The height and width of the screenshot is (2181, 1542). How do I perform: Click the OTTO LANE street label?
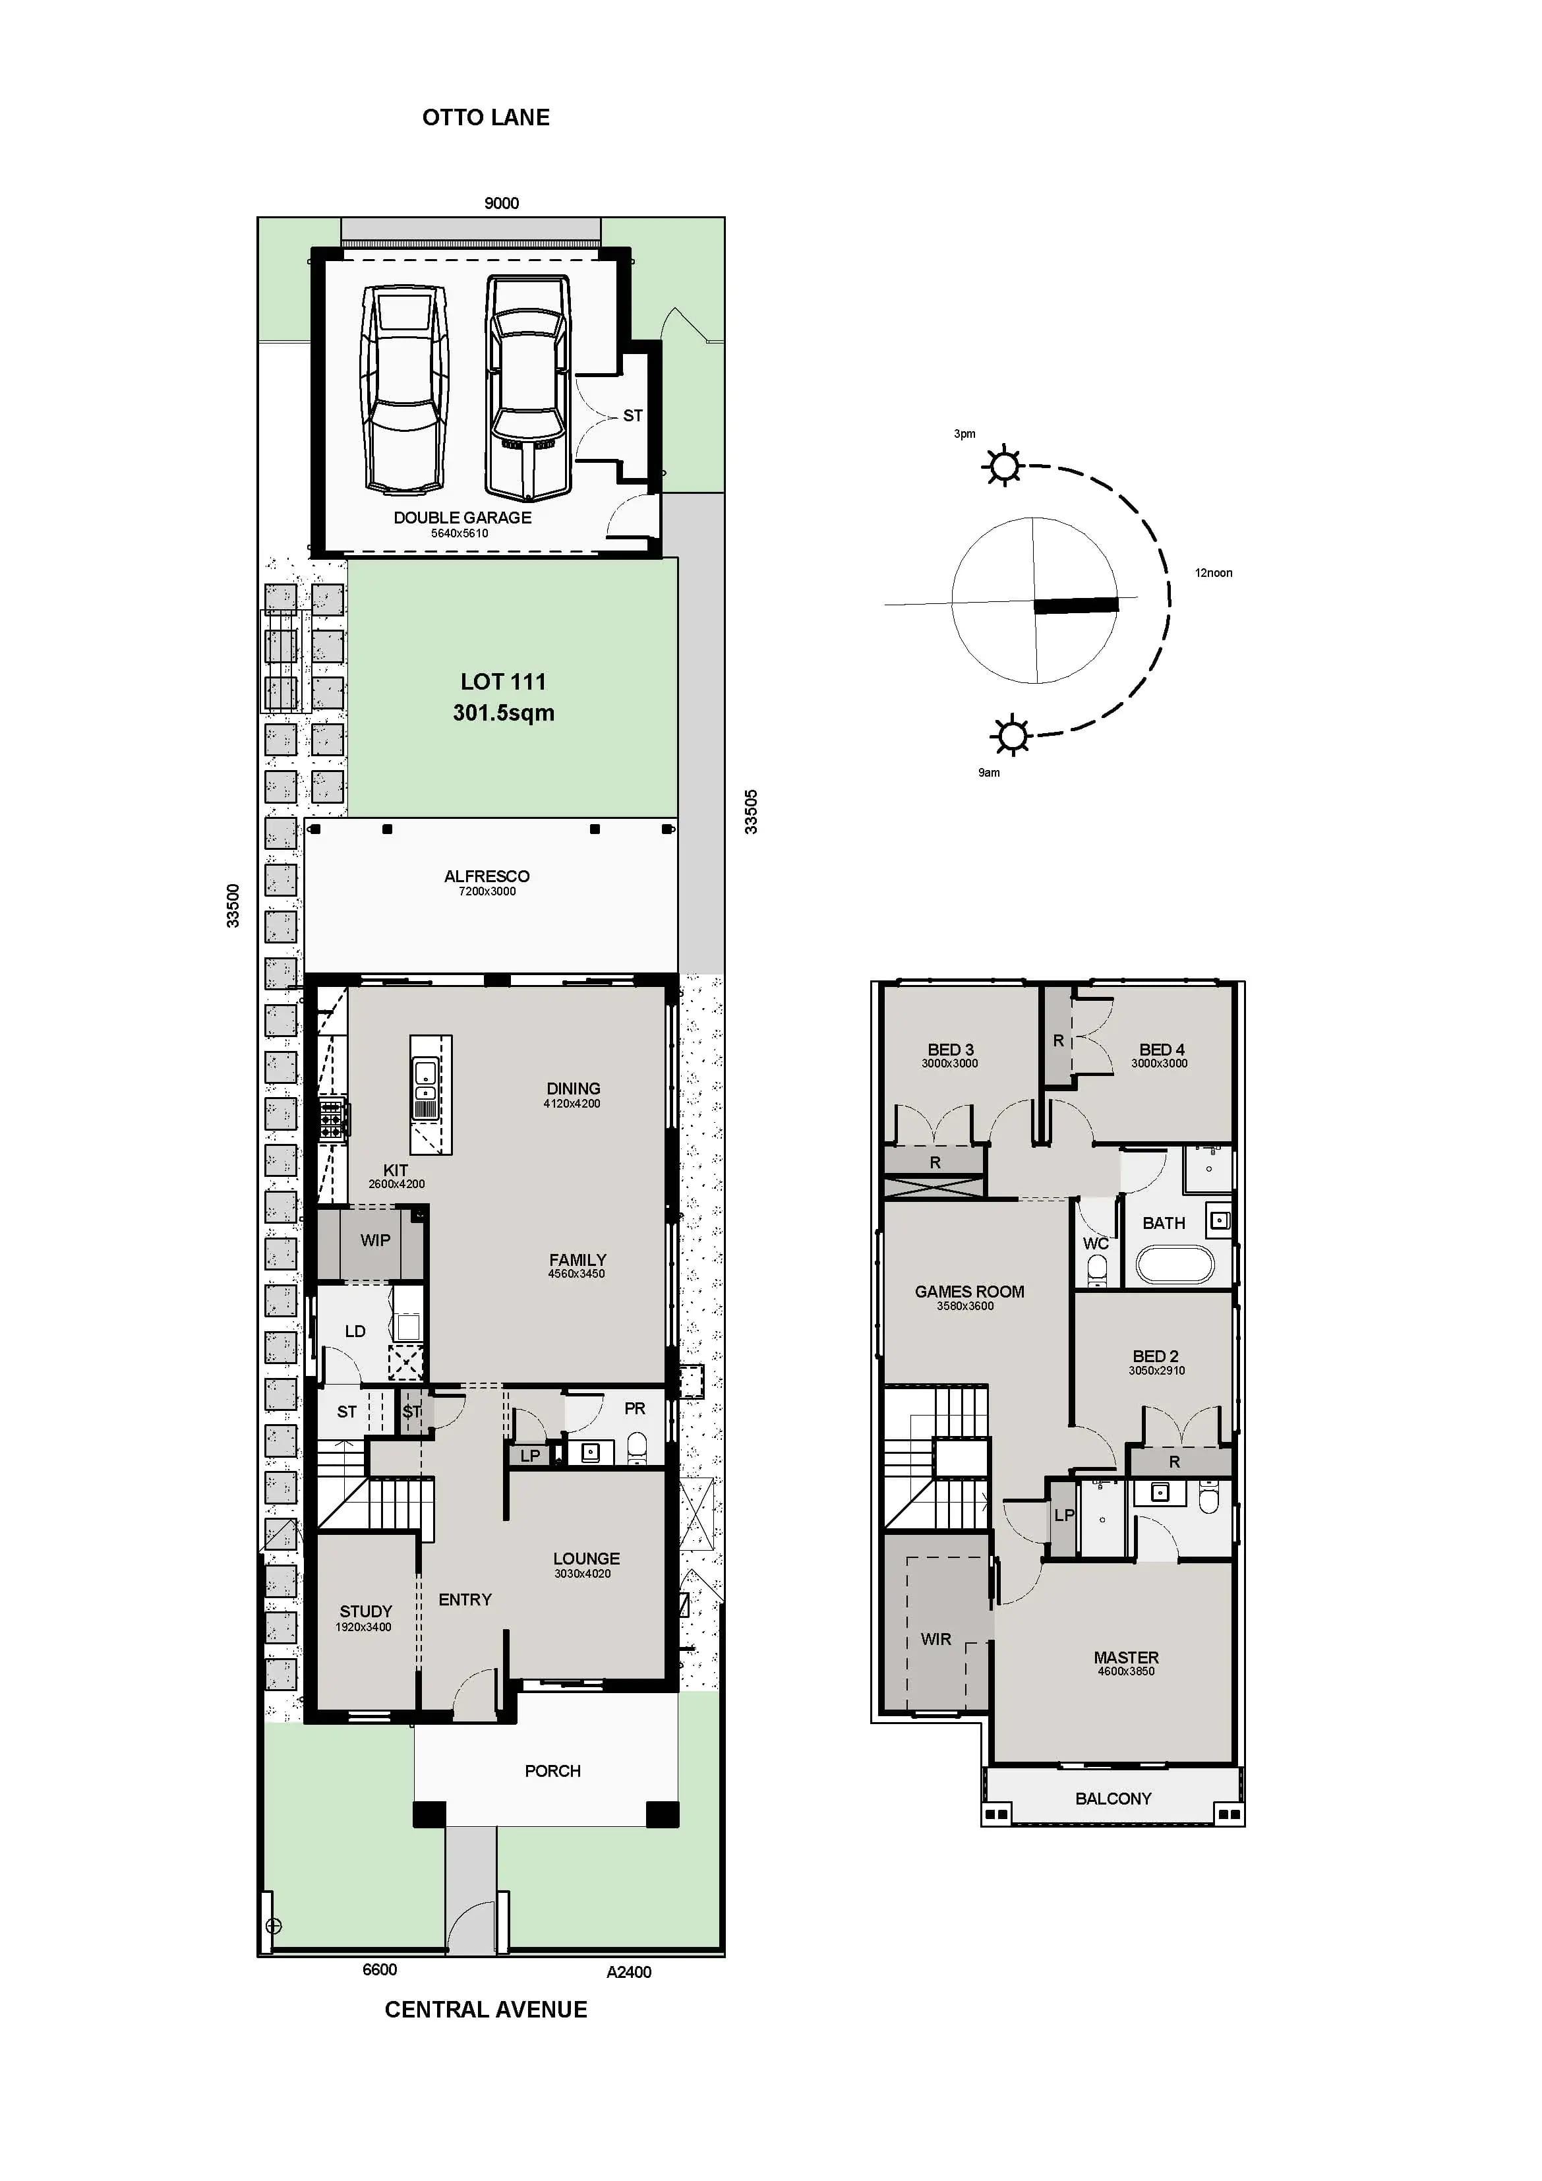[485, 118]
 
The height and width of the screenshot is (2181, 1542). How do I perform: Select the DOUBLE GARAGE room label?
[463, 518]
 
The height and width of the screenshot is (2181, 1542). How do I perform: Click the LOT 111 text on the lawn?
[502, 682]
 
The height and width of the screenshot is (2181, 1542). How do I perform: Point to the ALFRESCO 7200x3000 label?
[487, 881]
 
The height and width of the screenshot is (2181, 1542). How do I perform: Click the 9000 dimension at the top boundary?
[502, 203]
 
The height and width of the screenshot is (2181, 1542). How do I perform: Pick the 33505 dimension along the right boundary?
[752, 812]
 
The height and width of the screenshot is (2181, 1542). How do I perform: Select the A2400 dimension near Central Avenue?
[629, 1972]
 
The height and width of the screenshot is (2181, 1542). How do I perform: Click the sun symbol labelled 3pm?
[1003, 466]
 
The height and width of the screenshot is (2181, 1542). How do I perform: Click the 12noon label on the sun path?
[1213, 573]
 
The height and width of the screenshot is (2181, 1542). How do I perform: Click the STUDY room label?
[366, 1612]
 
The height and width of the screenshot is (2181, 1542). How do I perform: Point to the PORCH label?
[552, 1772]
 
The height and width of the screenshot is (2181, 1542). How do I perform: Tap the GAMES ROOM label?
[969, 1292]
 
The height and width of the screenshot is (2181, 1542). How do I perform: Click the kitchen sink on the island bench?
[425, 1073]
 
